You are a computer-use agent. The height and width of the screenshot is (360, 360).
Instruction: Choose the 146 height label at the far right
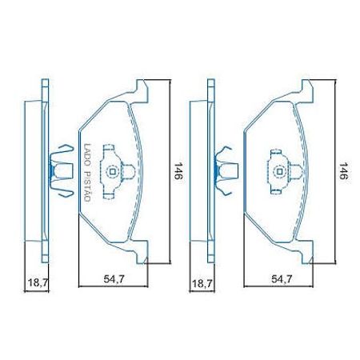[342, 172]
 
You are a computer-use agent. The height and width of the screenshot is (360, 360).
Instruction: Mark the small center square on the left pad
[112, 170]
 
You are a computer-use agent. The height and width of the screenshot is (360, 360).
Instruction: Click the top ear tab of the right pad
[306, 90]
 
